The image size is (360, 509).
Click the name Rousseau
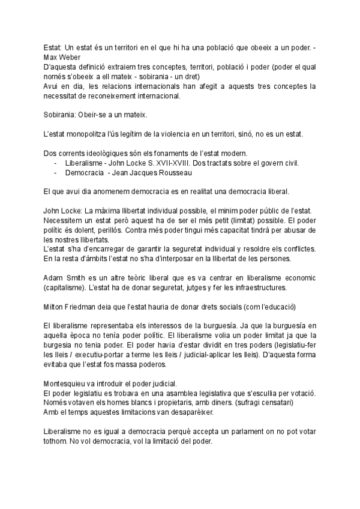tap(171, 173)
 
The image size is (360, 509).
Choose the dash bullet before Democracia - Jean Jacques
tap(56, 173)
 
